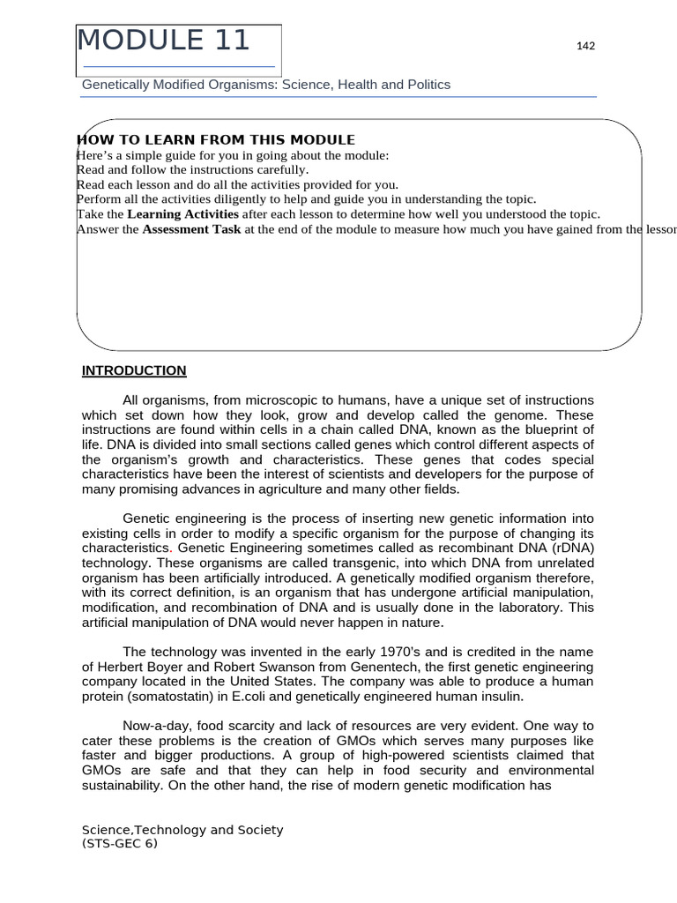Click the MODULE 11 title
point(164,41)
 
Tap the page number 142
point(585,46)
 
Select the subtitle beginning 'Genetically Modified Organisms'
point(265,85)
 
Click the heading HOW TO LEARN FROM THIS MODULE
point(217,139)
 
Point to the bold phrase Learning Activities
point(182,214)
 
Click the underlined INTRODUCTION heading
point(134,370)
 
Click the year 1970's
point(411,652)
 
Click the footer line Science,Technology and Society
point(182,830)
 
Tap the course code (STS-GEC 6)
point(120,843)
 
